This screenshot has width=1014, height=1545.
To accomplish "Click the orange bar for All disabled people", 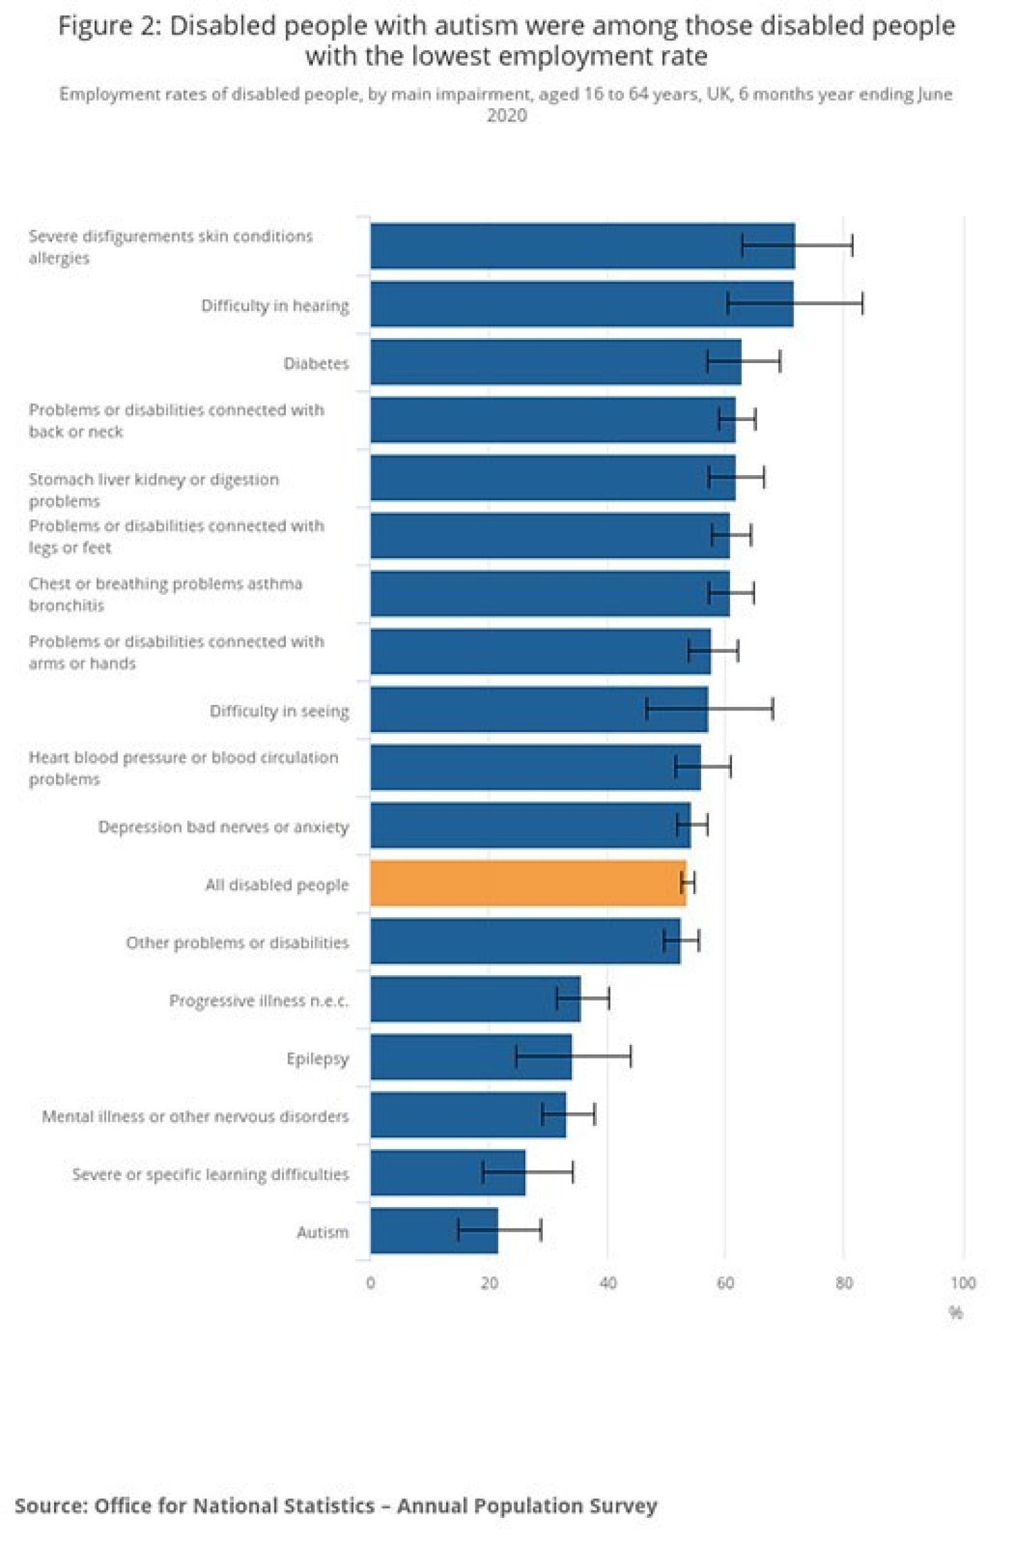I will click(527, 883).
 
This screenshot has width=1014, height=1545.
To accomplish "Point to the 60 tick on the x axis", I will click(725, 1283).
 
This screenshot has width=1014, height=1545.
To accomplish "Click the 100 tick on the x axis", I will click(963, 1283).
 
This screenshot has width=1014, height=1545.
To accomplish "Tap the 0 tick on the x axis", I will click(370, 1283).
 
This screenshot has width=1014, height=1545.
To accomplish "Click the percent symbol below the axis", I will click(956, 1313).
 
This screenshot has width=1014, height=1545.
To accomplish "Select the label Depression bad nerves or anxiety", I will click(223, 827).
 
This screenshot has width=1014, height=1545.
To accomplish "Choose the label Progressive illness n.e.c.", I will click(259, 1000).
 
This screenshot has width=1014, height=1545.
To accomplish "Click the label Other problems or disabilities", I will click(237, 942).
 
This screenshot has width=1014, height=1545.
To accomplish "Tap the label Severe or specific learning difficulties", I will click(210, 1174).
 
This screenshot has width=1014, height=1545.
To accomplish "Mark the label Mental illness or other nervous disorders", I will click(195, 1116).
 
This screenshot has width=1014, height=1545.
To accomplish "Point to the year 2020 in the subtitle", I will click(506, 116).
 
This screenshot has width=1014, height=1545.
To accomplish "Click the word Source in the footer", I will click(50, 1506).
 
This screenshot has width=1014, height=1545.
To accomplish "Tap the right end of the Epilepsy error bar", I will click(631, 1056).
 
